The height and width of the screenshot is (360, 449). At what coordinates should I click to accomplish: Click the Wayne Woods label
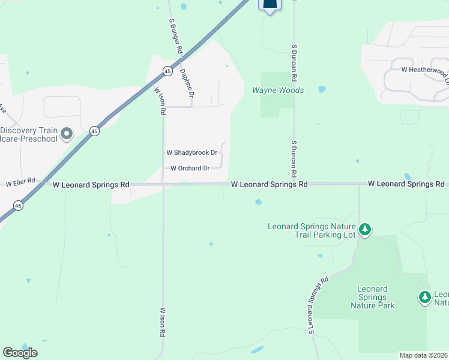(278, 91)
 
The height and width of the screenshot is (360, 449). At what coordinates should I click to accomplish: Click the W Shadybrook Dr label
(191, 153)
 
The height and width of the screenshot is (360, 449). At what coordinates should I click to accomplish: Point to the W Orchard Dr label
(190, 169)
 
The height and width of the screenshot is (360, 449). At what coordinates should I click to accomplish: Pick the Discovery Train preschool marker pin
(66, 133)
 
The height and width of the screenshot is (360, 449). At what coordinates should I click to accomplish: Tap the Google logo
(20, 353)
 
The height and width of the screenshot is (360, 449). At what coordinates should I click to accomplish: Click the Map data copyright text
(424, 355)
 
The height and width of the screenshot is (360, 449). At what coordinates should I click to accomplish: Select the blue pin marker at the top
(270, 5)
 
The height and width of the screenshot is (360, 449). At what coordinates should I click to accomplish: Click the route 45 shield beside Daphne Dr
(166, 71)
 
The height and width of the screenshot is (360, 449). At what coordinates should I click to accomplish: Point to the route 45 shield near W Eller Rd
(19, 206)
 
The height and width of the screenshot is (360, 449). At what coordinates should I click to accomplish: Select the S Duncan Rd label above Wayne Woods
(295, 62)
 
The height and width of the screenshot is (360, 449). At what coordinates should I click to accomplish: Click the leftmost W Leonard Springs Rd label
(91, 185)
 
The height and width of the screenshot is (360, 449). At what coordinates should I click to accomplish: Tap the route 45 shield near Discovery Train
(94, 131)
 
